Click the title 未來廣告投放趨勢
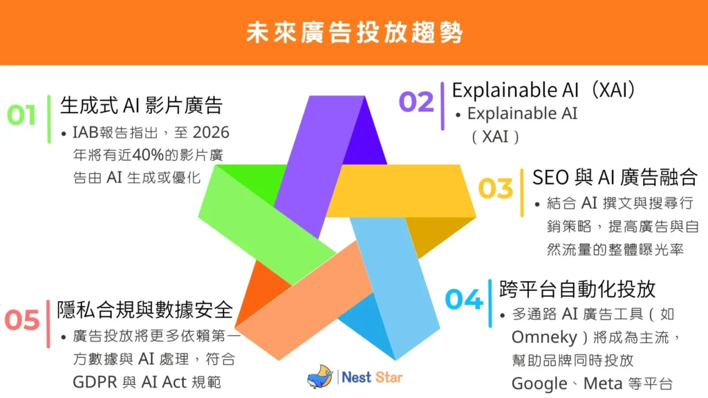click(x=354, y=32)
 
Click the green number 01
click(x=21, y=115)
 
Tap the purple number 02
click(x=416, y=102)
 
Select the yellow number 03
click(x=496, y=189)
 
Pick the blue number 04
click(x=463, y=299)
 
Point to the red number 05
click(x=23, y=320)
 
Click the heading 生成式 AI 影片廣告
click(x=141, y=106)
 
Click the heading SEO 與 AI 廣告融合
click(x=615, y=177)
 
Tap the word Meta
click(x=602, y=383)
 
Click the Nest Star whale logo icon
click(x=321, y=377)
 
